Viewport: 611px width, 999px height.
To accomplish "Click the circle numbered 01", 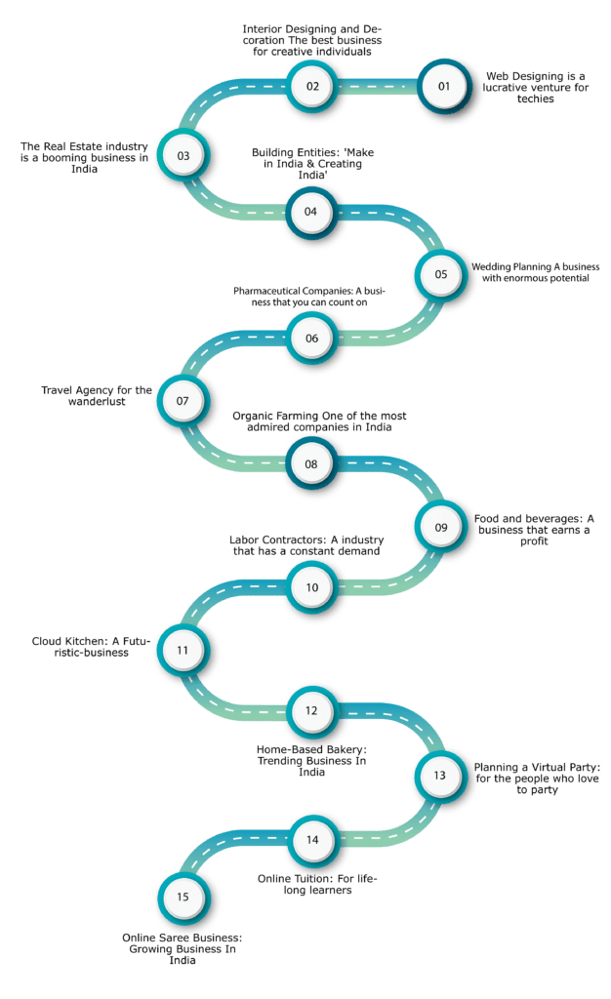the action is pos(444,86).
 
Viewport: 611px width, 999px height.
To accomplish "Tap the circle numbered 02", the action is pos(312,86).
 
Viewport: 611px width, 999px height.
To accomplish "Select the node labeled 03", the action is pos(183,155).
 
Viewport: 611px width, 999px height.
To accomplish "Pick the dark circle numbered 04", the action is pos(311,212).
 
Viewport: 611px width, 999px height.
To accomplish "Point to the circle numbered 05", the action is pos(441,274).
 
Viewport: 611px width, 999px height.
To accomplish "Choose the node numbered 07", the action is pos(183,401).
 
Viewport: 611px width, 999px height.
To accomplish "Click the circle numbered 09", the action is pos(441,528).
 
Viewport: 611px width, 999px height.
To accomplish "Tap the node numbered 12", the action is pos(311,711).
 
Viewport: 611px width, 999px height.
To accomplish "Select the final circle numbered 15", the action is pos(183,898).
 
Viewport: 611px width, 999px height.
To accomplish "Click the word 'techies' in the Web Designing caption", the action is pos(535,99).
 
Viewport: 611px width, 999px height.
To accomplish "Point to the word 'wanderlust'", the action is pos(97,401).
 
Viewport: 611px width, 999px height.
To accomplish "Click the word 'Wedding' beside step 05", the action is pos(491,267).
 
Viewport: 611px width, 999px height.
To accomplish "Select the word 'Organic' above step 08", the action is pos(252,416).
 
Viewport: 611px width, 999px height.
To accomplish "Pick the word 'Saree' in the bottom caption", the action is pos(168,938).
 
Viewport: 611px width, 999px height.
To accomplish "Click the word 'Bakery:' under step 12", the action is pos(346,750).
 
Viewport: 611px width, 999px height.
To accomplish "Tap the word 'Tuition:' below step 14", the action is pos(314,879).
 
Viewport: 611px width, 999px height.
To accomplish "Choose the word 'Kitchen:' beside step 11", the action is pos(87,642).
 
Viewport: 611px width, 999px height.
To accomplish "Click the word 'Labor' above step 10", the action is pos(244,540).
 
